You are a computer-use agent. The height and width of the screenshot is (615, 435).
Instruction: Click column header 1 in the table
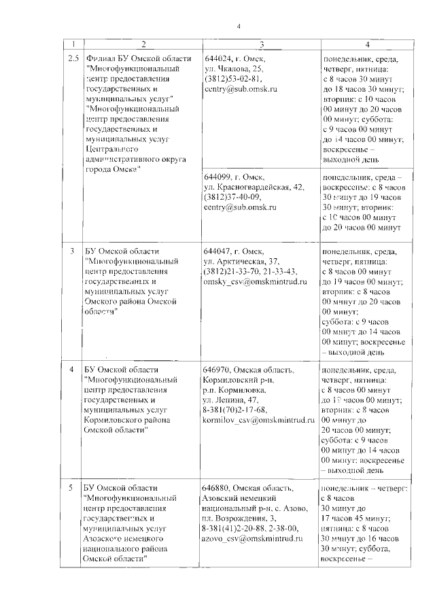[x=73, y=44]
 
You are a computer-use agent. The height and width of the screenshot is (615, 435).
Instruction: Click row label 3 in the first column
[x=73, y=251]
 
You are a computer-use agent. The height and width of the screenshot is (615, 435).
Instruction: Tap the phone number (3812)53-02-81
[x=232, y=79]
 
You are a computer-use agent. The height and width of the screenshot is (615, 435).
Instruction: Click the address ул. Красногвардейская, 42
[x=254, y=187]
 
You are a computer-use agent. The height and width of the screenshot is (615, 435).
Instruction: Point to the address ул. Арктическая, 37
[x=241, y=261]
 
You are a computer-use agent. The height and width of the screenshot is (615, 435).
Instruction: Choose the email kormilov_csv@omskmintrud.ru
[x=261, y=421]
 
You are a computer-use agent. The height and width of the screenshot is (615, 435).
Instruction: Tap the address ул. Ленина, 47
[x=232, y=400]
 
